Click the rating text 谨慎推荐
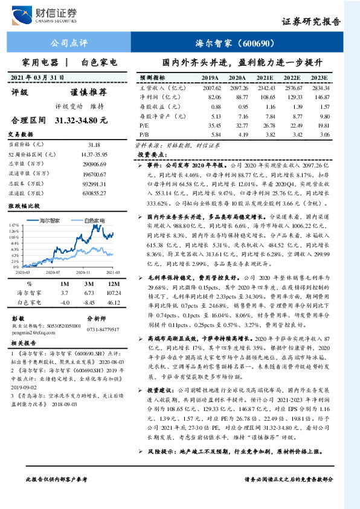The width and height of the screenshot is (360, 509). (x=88, y=92)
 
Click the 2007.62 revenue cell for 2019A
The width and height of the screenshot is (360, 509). (x=210, y=88)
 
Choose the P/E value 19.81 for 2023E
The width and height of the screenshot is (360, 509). (x=320, y=125)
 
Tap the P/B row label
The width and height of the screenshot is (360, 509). (x=144, y=134)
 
